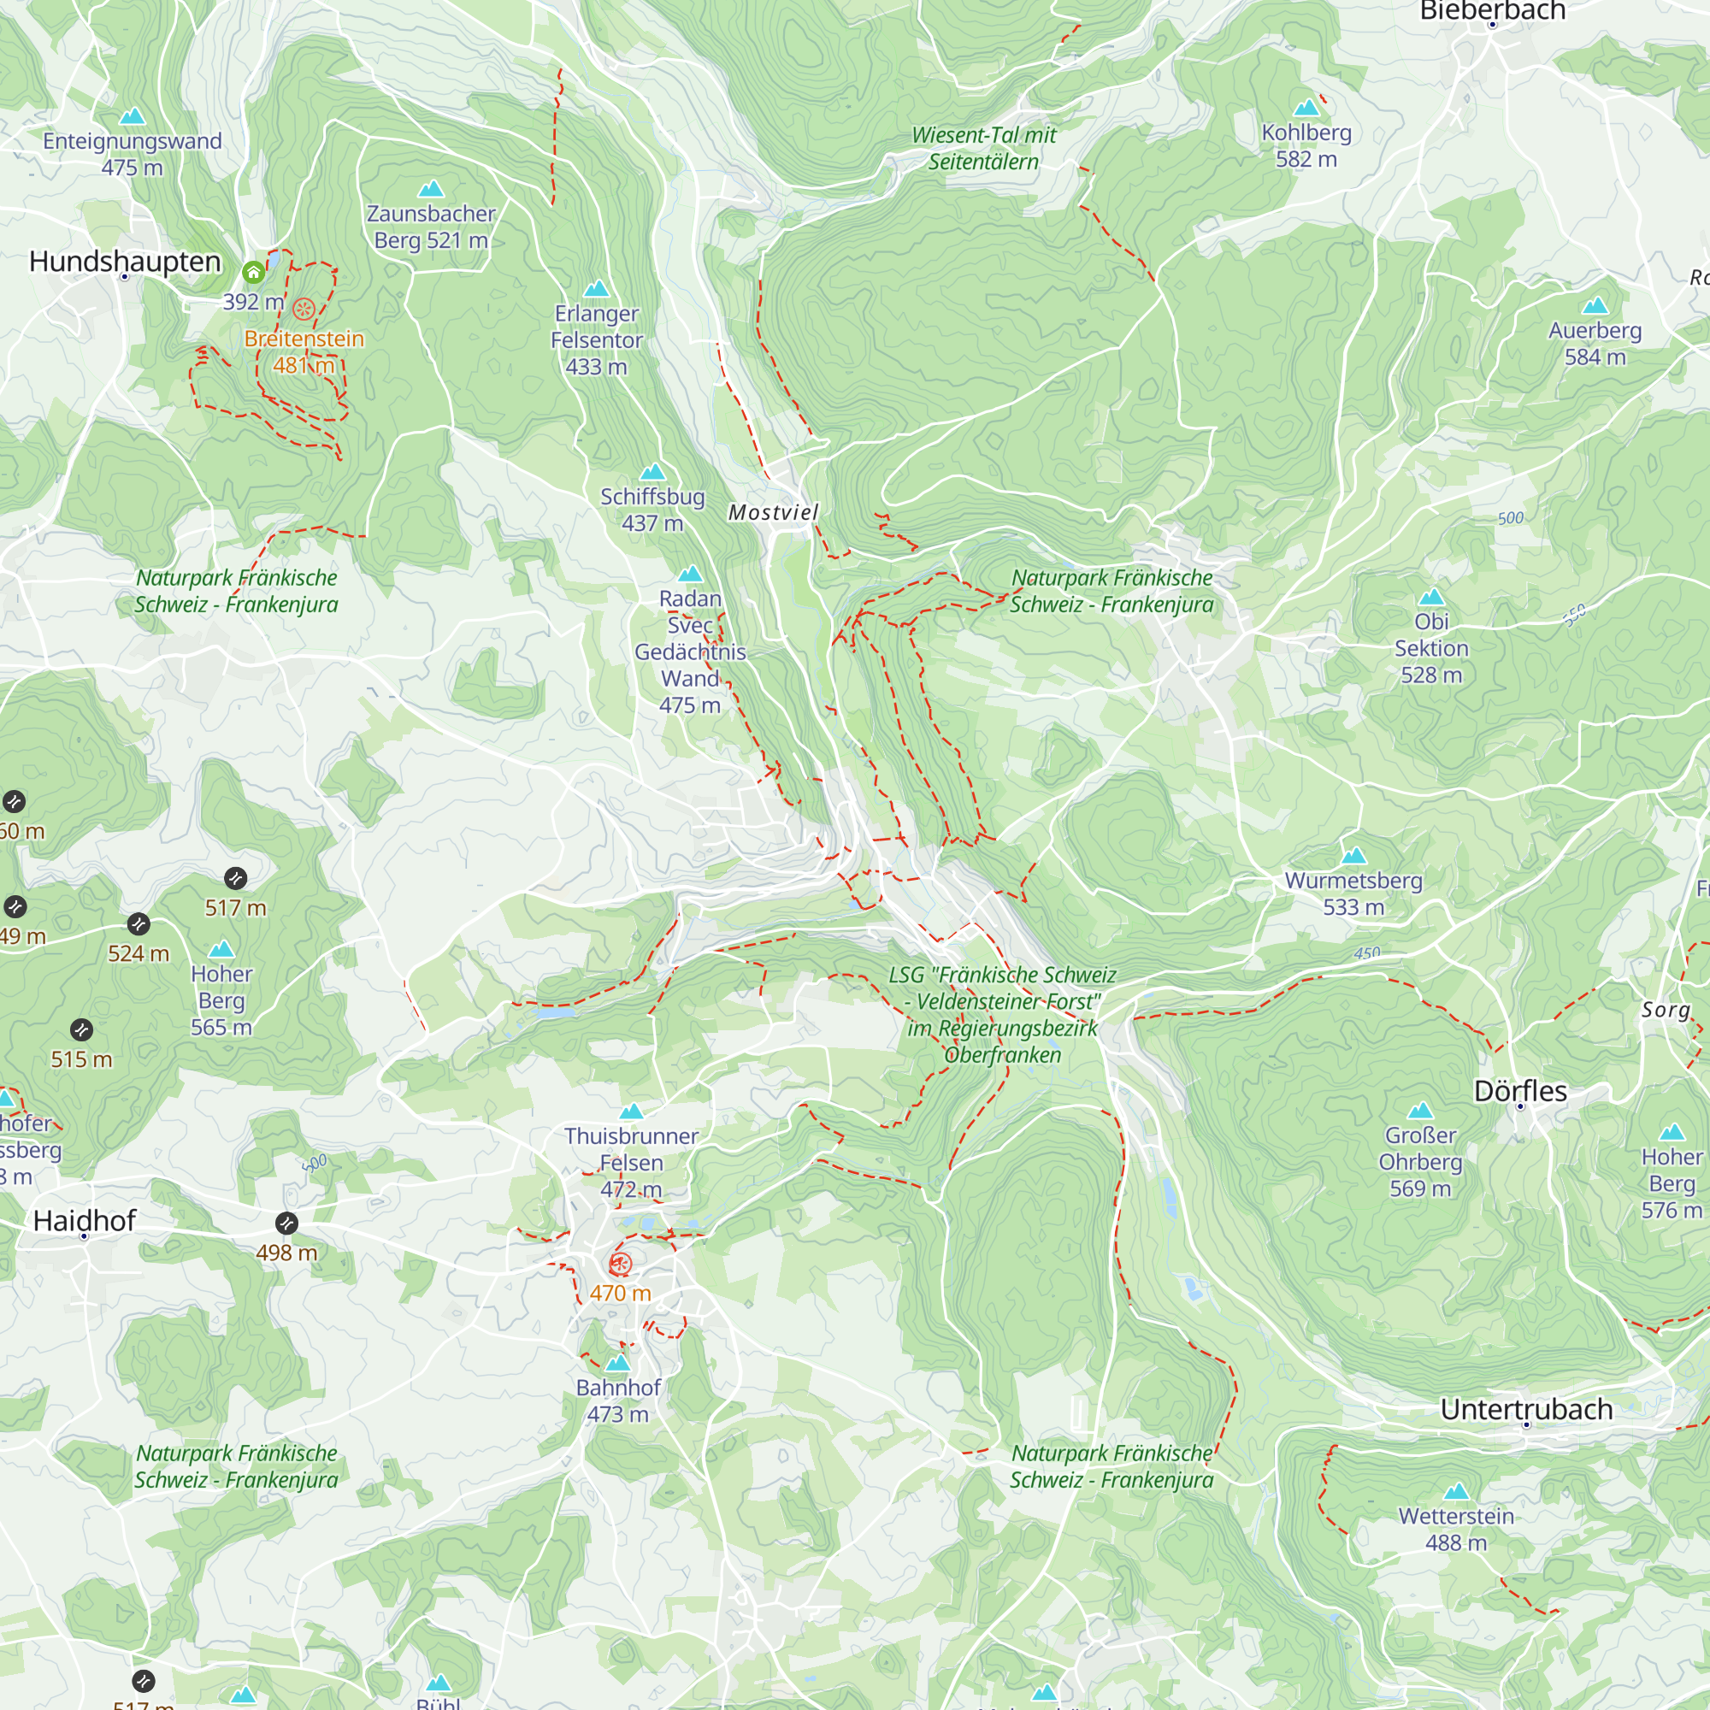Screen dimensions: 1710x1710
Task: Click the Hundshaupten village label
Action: point(125,262)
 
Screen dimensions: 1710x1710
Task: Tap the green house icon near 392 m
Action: point(254,272)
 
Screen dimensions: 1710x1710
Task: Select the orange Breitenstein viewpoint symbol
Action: point(304,309)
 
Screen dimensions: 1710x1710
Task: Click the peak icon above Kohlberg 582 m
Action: point(1306,108)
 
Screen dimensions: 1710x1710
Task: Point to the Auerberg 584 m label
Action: point(1595,344)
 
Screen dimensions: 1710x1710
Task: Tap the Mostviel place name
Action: point(773,512)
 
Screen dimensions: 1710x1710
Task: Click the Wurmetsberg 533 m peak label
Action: point(1353,893)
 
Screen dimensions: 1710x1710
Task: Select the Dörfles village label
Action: point(1519,1091)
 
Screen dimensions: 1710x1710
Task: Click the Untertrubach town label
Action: point(1526,1409)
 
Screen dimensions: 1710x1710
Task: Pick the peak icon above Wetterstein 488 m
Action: point(1456,1491)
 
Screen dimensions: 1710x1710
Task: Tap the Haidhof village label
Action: point(85,1221)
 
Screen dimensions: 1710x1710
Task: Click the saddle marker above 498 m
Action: point(286,1224)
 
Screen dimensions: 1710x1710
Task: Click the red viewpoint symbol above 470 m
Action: point(621,1264)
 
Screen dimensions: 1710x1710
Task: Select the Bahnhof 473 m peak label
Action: point(618,1400)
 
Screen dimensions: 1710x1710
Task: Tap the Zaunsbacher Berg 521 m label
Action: point(431,227)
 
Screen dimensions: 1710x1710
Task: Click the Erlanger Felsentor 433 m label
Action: point(597,340)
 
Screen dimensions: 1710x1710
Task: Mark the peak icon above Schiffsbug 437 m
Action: point(652,471)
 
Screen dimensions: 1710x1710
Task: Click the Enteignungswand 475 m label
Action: point(132,154)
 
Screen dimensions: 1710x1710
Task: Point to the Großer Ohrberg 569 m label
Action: point(1419,1161)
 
